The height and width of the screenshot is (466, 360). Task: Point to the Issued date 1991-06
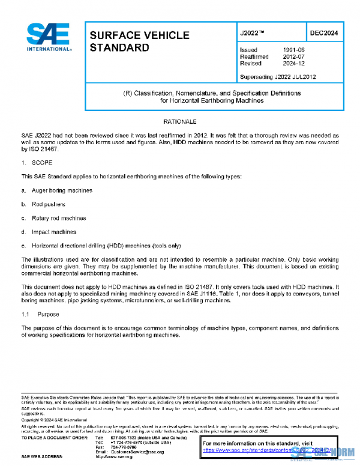pos(292,49)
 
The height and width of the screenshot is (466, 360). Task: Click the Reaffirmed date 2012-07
pos(292,56)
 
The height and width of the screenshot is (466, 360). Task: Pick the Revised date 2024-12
pos(292,62)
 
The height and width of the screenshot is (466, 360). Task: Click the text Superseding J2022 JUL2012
pos(277,77)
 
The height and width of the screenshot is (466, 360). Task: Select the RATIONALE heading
pos(180,122)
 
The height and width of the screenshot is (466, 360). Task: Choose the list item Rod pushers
pos(48,204)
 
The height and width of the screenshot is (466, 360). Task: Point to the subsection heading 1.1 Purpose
pos(40,314)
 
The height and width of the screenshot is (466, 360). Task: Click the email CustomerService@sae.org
pos(136,451)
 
